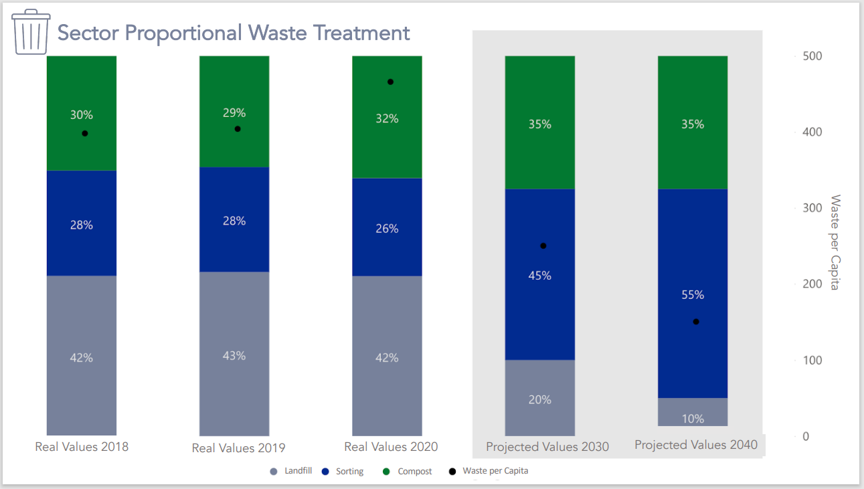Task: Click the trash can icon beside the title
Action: pos(31,32)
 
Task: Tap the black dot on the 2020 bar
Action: pos(390,82)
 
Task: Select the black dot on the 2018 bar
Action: pos(85,133)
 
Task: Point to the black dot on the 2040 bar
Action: pos(696,322)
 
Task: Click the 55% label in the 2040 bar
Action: pos(693,295)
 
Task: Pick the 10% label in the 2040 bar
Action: pos(693,419)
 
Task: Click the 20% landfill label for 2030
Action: pos(539,400)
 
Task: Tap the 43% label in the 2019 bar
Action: pos(234,356)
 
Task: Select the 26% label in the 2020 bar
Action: pos(387,229)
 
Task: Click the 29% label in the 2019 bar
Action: pos(234,113)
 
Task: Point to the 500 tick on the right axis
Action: pos(812,56)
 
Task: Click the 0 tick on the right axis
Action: pos(806,437)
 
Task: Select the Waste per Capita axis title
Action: pos(835,243)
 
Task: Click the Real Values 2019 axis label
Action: pos(238,448)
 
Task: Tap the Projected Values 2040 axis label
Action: pos(696,445)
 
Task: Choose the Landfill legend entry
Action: pos(291,471)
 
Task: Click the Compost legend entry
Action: pos(408,471)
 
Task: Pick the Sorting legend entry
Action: pos(343,471)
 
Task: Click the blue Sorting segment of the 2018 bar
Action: pos(82,223)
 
